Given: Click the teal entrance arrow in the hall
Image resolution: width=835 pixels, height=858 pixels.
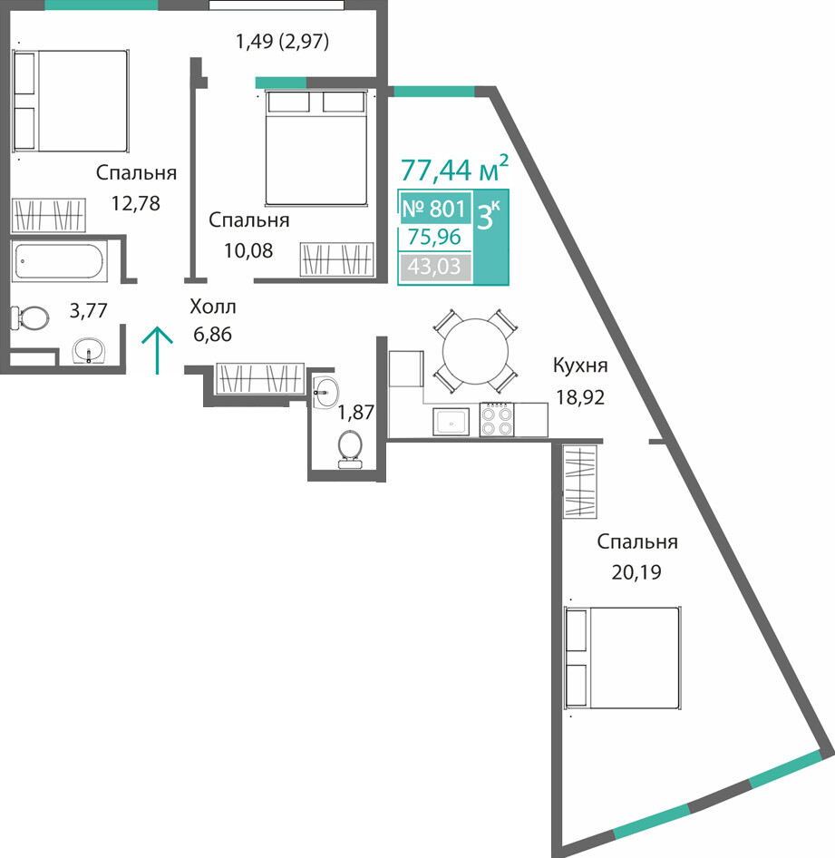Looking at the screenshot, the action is (x=158, y=350).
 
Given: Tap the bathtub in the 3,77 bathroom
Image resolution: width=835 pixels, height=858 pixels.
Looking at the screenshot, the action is (x=60, y=262).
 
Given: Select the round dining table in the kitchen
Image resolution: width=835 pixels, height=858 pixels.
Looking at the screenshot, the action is (x=475, y=351).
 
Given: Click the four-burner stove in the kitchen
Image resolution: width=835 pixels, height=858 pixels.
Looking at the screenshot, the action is (x=497, y=420).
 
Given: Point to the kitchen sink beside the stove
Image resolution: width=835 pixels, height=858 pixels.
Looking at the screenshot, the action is (x=451, y=422).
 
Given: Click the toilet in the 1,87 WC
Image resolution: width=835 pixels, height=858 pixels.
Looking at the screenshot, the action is (x=350, y=450).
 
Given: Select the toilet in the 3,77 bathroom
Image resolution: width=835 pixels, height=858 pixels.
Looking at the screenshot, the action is (x=30, y=318).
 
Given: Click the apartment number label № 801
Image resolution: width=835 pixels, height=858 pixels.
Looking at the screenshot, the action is (x=434, y=209).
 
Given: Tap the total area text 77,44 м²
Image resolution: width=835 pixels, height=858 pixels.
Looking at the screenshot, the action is (x=454, y=169).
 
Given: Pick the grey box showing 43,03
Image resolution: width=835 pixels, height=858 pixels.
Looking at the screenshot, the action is (x=435, y=267).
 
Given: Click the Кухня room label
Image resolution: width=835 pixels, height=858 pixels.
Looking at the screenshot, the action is (x=580, y=366).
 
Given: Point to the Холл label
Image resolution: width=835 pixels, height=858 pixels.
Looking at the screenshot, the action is (x=213, y=307).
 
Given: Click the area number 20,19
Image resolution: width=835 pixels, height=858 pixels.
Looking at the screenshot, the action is (x=636, y=571).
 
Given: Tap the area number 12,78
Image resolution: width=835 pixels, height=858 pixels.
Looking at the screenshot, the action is (x=136, y=203).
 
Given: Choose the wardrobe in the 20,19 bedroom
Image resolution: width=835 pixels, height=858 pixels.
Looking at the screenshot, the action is (x=579, y=482).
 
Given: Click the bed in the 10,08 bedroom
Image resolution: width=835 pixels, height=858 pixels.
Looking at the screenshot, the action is (x=316, y=148).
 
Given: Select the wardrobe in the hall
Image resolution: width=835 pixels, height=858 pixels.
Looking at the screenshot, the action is (x=260, y=378).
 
